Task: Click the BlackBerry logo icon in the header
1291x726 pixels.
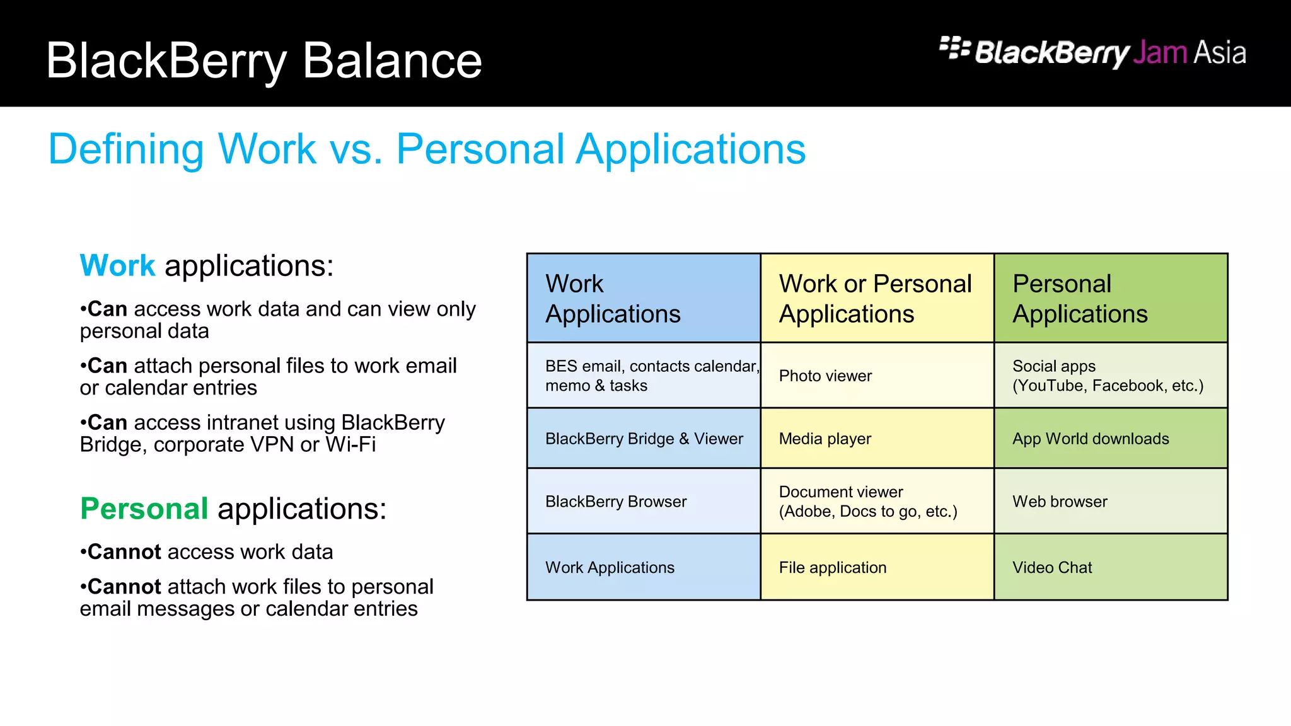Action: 954,48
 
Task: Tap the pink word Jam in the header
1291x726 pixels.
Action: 1160,53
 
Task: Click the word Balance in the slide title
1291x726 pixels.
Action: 392,61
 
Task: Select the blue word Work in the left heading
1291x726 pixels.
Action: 117,265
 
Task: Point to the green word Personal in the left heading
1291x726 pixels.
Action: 144,509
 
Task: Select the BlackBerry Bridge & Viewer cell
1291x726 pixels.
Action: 644,439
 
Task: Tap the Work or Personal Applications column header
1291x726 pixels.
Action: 876,298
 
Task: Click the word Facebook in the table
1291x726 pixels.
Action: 1128,386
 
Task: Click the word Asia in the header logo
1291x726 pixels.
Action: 1220,53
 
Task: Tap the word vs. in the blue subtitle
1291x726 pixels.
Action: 356,149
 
